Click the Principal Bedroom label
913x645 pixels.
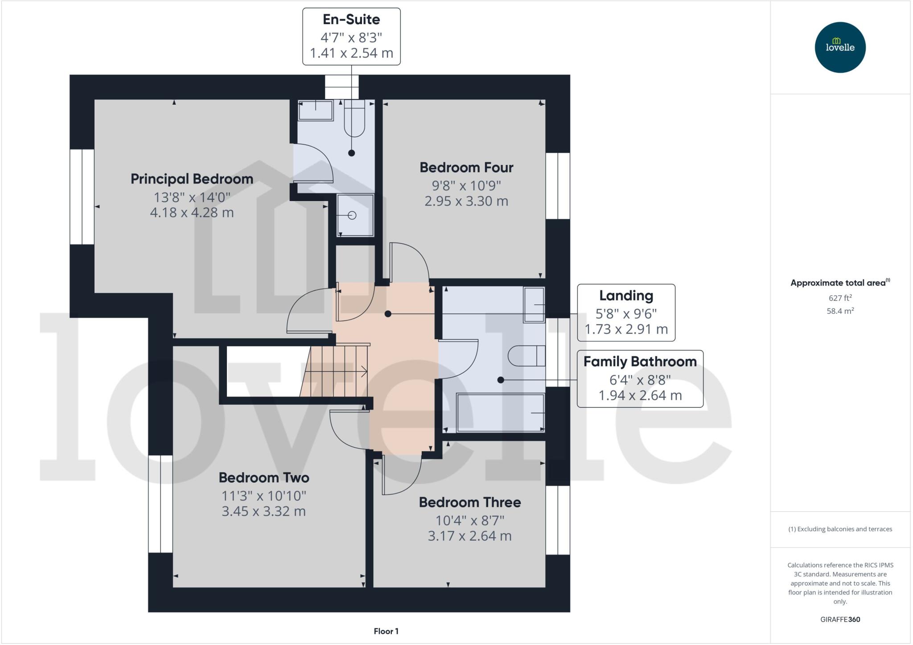point(192,179)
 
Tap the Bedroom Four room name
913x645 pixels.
point(466,168)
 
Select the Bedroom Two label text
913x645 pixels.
point(264,478)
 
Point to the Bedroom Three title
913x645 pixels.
point(470,502)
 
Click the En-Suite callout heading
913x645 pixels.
point(351,19)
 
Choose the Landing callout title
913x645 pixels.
point(626,296)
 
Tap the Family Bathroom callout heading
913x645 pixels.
point(640,362)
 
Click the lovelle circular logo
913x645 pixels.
point(840,47)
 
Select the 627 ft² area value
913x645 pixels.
point(840,298)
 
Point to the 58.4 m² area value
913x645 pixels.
point(840,311)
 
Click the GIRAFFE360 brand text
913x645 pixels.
point(840,619)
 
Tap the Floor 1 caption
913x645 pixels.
point(386,631)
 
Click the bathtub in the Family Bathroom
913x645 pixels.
point(500,412)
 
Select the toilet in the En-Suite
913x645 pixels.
point(354,118)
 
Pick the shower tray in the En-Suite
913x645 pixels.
point(355,215)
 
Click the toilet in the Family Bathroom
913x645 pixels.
point(526,356)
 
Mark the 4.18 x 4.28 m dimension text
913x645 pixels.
point(192,213)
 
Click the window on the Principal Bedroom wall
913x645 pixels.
point(82,197)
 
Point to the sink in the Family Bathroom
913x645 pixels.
point(534,305)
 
